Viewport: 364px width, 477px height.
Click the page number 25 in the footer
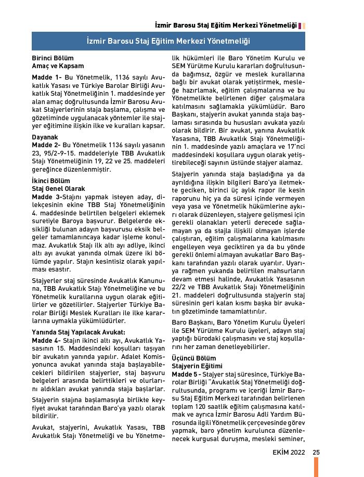pos(316,452)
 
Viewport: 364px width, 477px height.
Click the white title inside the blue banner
pos(168,41)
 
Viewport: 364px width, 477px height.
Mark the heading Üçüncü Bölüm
pos(193,358)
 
